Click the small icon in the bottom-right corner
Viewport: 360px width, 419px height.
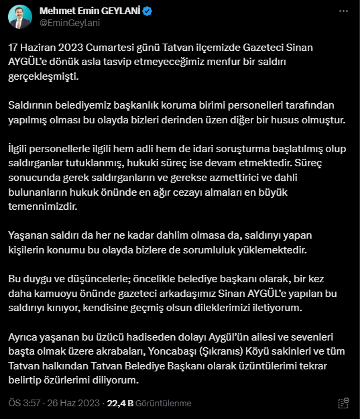click(343, 403)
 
